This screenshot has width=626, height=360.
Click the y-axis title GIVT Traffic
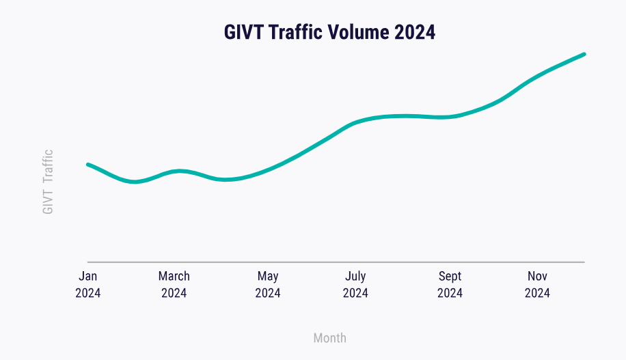[48, 182]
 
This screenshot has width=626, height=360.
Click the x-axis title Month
[329, 338]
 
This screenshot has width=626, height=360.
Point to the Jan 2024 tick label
[88, 285]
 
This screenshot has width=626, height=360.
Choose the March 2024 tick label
[174, 285]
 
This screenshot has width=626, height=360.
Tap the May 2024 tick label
[268, 285]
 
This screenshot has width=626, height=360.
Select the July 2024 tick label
[355, 285]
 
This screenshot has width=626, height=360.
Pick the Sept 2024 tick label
[450, 285]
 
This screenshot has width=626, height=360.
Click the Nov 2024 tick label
[537, 285]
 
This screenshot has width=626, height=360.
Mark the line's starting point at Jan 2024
[88, 165]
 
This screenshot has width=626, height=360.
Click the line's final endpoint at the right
[584, 54]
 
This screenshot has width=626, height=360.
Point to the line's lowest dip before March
[135, 182]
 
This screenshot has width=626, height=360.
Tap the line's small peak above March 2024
[179, 171]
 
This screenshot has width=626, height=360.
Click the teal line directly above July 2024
[355, 123]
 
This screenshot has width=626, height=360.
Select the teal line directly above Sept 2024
[450, 117]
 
